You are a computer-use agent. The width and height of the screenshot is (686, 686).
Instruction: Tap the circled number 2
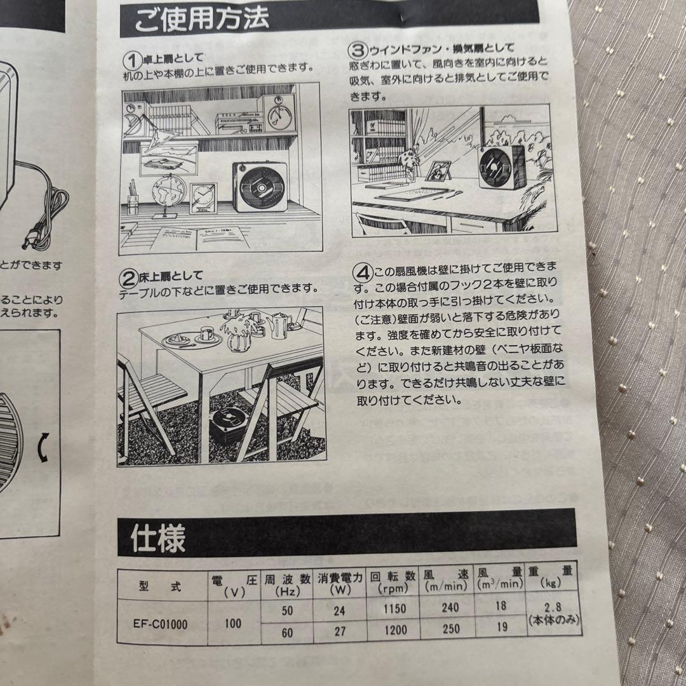coord(128,278)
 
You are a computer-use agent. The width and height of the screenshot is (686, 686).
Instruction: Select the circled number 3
coord(358,48)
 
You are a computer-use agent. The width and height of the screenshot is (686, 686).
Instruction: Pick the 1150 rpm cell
coord(394,608)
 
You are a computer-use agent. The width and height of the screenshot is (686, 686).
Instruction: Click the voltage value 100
coord(232,623)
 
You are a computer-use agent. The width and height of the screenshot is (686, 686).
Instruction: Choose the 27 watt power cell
coord(339,633)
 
